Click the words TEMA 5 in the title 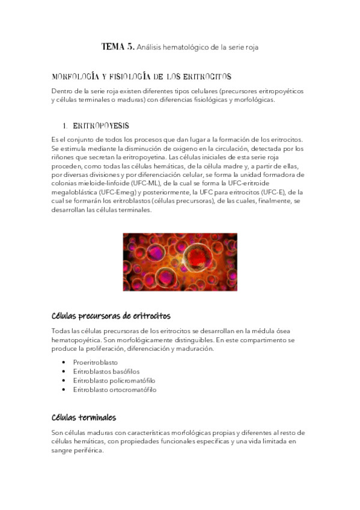(118, 46)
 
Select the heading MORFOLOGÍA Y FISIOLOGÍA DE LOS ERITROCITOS (142, 77)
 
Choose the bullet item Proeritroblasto (96, 363)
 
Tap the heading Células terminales (84, 417)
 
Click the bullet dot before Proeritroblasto (64, 363)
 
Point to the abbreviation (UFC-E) (263, 192)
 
